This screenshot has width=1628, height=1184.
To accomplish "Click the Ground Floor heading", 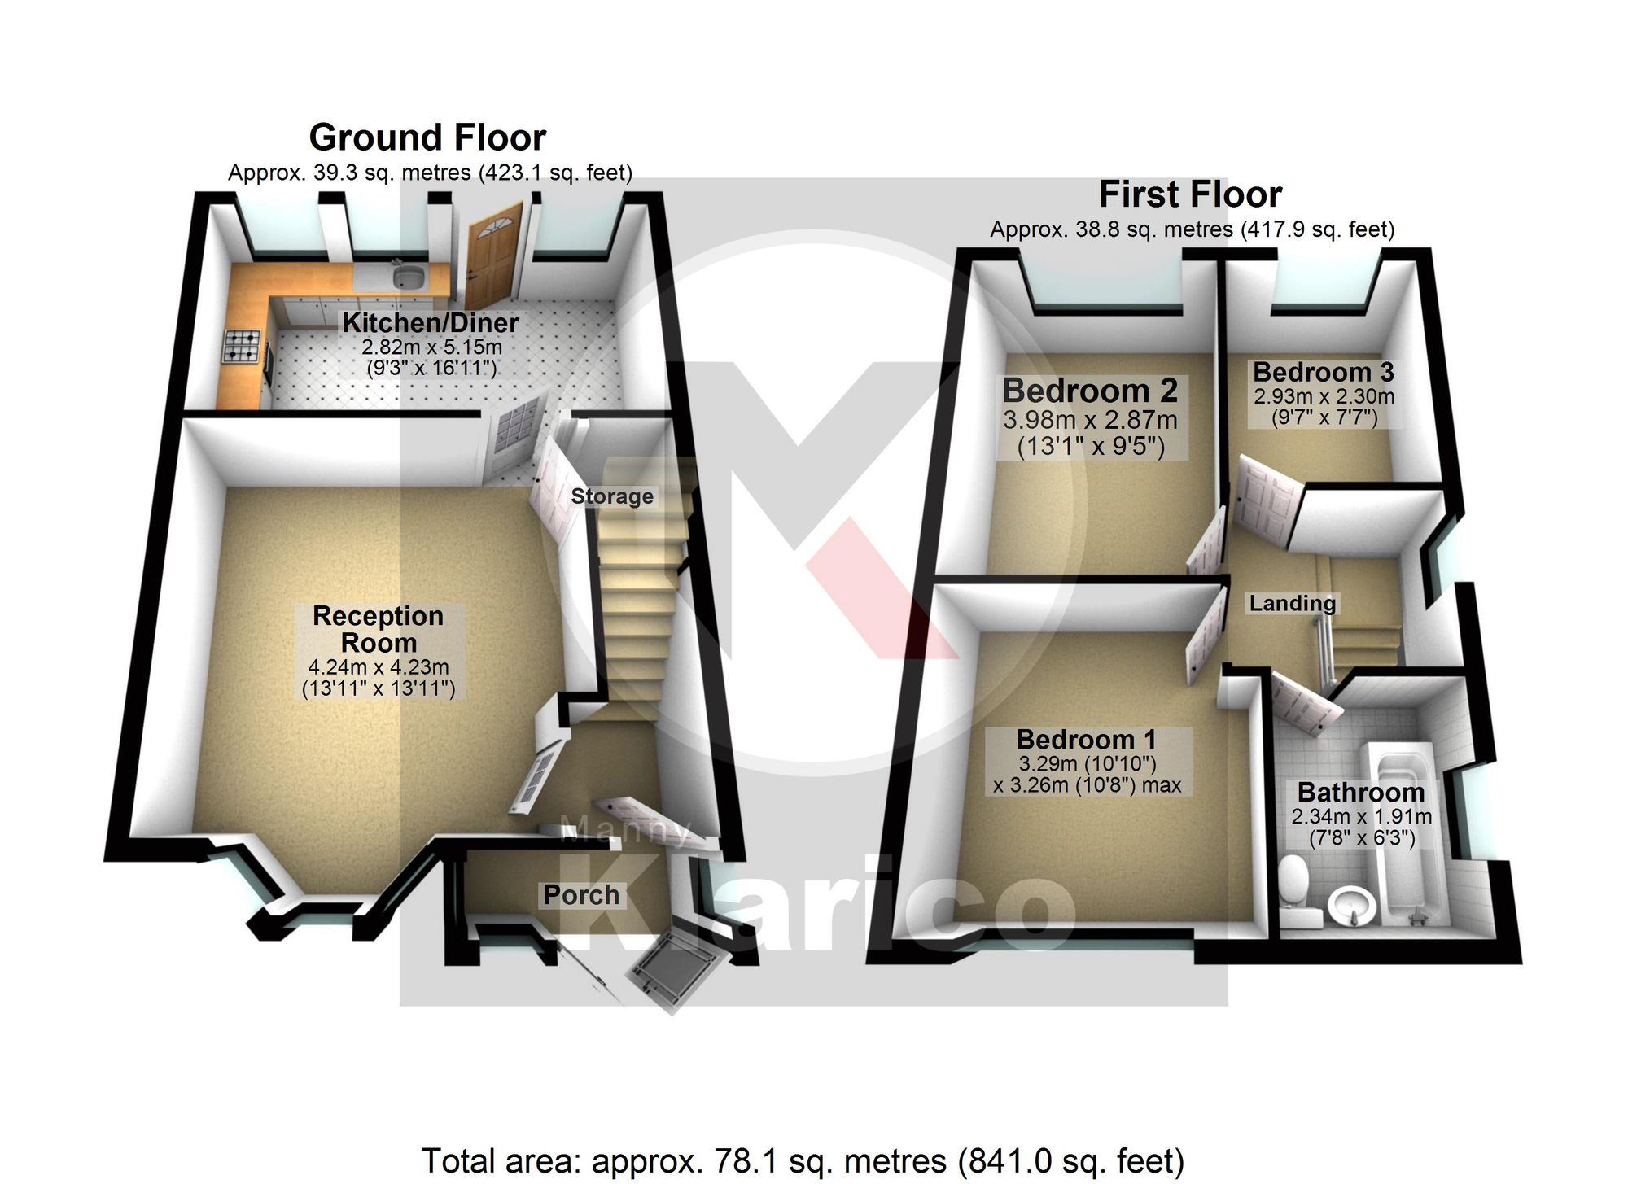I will [427, 138].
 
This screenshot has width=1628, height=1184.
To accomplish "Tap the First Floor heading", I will [1190, 195].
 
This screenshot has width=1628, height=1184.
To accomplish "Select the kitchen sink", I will [408, 277].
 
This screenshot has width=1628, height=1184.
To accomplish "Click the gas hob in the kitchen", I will [242, 345].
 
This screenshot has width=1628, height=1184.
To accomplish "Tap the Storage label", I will [612, 496].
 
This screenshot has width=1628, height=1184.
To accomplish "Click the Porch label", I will [581, 895].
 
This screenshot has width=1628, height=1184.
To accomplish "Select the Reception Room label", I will [379, 629].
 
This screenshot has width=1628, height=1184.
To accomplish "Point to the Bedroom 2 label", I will [1090, 391].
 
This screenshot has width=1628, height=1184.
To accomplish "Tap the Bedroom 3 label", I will [1324, 372].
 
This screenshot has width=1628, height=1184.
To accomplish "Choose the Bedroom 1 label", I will [1086, 740].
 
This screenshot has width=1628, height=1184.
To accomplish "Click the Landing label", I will [1293, 603].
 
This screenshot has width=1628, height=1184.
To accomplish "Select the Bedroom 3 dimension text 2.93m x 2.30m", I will [1324, 396].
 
